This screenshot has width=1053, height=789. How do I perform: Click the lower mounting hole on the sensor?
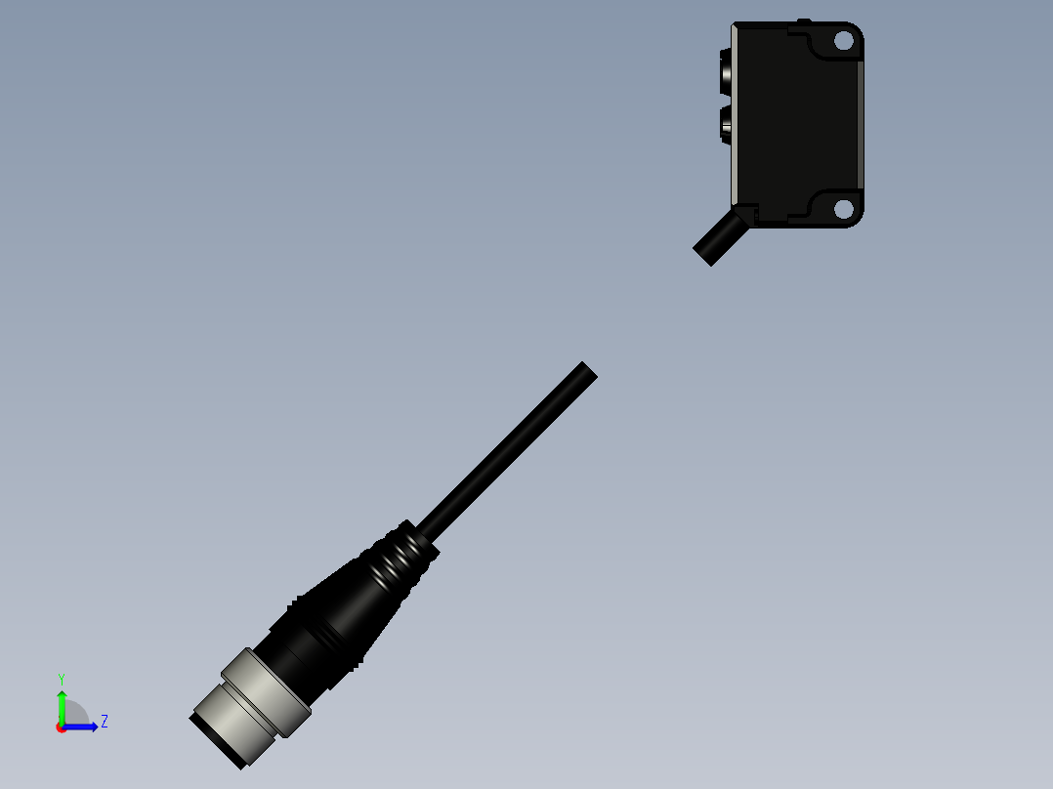[842, 208]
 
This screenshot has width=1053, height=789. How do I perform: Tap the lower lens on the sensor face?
[728, 123]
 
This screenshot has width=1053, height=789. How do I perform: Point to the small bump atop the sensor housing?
[804, 21]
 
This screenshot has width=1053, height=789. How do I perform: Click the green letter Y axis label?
[61, 678]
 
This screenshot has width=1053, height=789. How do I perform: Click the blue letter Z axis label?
[104, 722]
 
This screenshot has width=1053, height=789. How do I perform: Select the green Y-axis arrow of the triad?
[62, 705]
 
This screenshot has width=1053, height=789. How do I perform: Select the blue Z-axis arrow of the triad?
[83, 727]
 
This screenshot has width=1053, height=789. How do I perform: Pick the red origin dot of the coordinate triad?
[61, 727]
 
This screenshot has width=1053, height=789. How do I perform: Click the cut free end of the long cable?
[586, 372]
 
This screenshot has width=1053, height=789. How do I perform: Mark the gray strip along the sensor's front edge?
[735, 117]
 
